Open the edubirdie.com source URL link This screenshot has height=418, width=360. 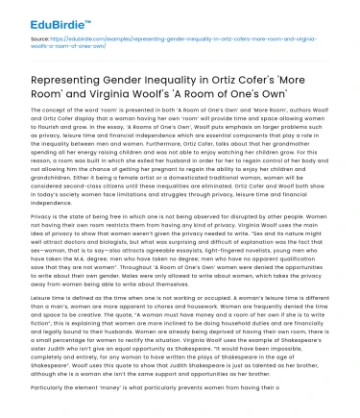coord(144,47)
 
